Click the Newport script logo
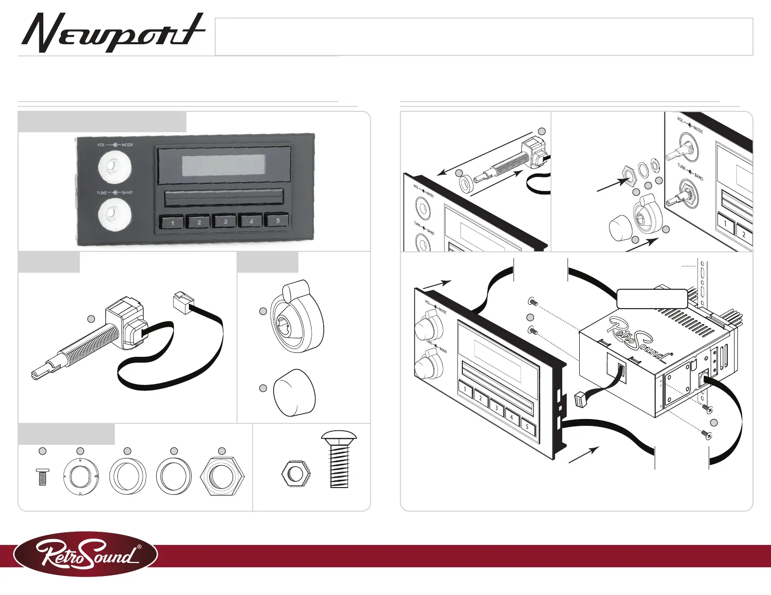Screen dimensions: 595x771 pyautogui.click(x=112, y=33)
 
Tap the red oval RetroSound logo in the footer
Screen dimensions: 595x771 pyautogui.click(x=86, y=554)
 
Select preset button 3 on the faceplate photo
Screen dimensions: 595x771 pyautogui.click(x=225, y=222)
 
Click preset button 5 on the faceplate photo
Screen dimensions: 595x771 pyautogui.click(x=278, y=220)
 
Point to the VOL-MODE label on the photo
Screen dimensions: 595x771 pyautogui.click(x=115, y=145)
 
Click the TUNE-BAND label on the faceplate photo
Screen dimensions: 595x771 pyautogui.click(x=115, y=192)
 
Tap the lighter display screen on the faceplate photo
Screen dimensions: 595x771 pyautogui.click(x=224, y=166)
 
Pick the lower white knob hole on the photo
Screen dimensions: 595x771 pyautogui.click(x=114, y=214)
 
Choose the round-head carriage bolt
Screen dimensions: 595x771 pyautogui.click(x=339, y=459)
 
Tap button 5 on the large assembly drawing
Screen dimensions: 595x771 pyautogui.click(x=528, y=426)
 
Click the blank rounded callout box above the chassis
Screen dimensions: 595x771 pyautogui.click(x=652, y=298)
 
